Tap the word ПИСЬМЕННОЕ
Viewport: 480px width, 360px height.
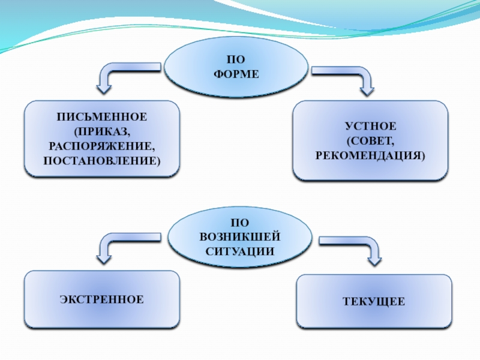click(x=102, y=116)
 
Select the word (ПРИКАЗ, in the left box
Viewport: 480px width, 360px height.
click(x=102, y=131)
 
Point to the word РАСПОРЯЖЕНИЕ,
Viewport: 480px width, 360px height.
click(x=102, y=146)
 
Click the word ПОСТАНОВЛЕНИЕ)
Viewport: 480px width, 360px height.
click(x=102, y=161)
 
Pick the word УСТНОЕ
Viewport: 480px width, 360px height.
click(x=370, y=127)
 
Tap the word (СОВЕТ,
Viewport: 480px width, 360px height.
click(x=370, y=142)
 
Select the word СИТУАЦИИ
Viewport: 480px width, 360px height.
click(x=239, y=250)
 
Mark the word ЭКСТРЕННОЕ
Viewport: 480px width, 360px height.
click(x=102, y=299)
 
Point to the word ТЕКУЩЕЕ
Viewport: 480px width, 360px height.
click(x=374, y=301)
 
